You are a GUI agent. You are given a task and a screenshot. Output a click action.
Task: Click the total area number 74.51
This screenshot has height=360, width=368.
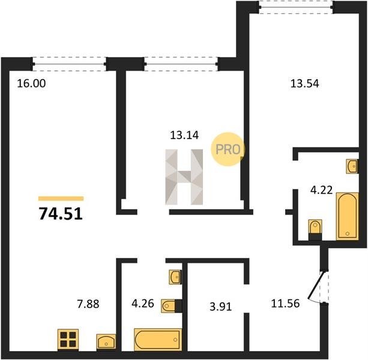coord(61,214)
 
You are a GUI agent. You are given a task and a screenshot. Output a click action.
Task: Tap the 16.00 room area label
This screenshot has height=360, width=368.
coord(31,84)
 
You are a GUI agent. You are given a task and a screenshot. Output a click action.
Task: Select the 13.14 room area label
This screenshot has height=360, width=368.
coord(184,136)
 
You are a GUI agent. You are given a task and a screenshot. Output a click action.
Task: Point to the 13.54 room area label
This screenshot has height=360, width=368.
coord(304,84)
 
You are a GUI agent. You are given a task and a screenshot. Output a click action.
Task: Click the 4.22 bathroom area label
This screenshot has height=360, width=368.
coord(321,190)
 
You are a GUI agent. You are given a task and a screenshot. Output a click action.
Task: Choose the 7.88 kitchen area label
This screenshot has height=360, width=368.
coord(88,304)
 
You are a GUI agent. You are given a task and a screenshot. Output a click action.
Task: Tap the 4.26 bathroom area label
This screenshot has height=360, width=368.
coord(143,304)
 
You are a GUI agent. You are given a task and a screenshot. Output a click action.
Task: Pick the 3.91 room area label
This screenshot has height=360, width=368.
coord(220,307)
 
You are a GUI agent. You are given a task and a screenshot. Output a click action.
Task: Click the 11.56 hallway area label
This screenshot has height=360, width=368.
coord(285,304)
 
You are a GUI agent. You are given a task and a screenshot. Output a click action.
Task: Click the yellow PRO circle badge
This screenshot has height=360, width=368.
coord(228,149)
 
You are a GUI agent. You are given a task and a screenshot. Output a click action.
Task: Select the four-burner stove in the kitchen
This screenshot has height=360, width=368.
coord(68,340)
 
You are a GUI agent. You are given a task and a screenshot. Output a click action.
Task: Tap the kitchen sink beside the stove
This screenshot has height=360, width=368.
coord(106,342)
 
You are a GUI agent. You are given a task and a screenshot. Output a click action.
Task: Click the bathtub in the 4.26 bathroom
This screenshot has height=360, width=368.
coord(158,340)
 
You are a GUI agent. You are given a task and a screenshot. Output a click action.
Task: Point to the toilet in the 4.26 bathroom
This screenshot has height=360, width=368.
coord(172,306)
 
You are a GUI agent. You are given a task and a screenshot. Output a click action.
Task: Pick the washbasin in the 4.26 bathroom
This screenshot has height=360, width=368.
coord(175,277)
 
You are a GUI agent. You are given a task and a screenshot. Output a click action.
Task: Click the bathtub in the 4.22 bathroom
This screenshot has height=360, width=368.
coord(348,216)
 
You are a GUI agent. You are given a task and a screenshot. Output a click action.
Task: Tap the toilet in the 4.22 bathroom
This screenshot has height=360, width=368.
coord(315,230)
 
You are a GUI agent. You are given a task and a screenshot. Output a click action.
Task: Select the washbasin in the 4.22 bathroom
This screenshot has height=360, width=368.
coord(352,166)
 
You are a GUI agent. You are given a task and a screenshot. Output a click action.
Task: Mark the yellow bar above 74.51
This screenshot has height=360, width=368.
coord(61,199)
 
